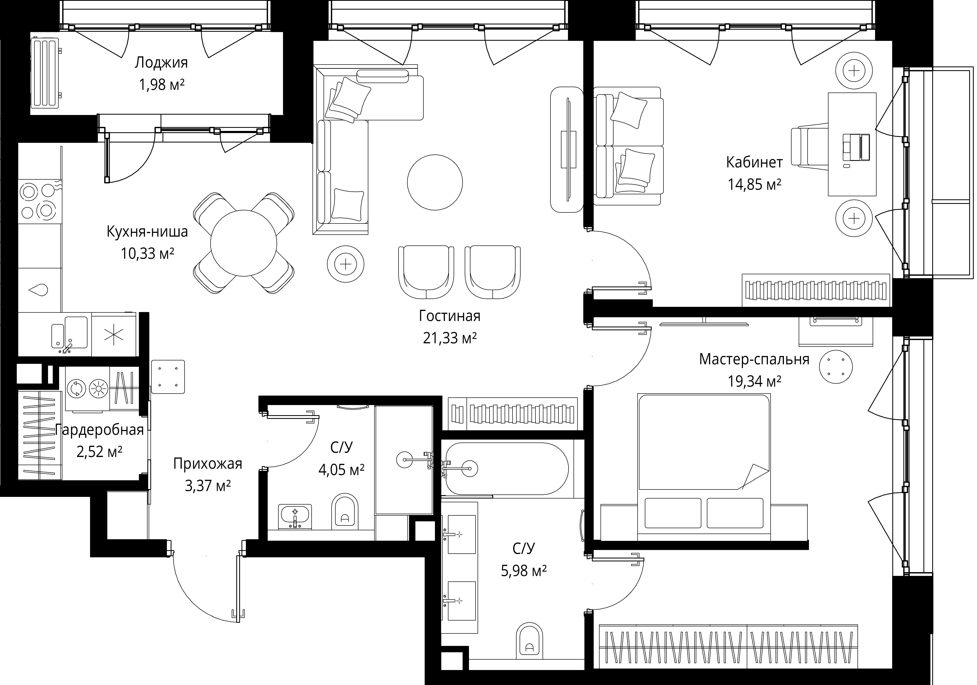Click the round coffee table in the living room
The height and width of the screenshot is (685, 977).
435,182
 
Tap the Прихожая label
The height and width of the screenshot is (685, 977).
208,464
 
